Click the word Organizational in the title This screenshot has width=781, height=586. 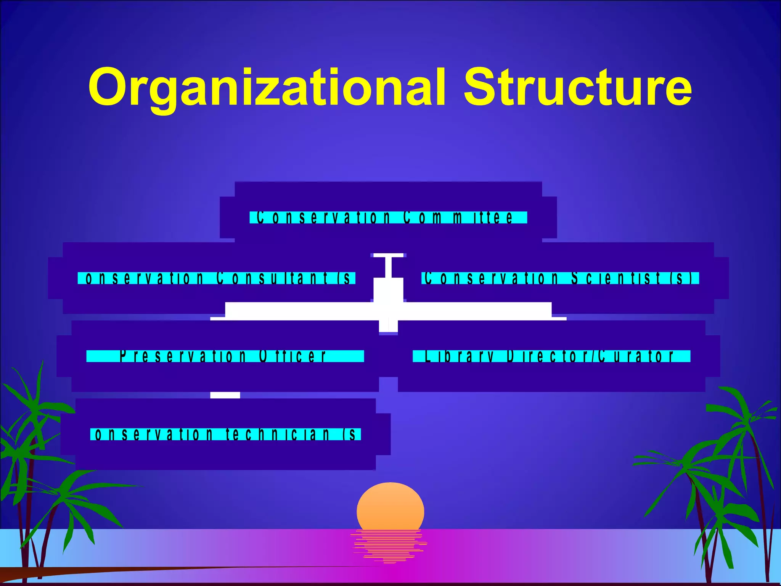(x=267, y=88)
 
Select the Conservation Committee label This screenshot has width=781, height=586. (x=388, y=217)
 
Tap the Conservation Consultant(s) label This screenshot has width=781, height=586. (x=217, y=278)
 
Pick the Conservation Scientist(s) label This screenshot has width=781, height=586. (x=560, y=278)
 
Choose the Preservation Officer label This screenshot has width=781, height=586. (x=225, y=356)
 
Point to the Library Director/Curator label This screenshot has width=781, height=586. (x=551, y=356)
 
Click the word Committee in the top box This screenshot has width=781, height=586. (x=458, y=217)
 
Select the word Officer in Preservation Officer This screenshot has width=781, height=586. (x=292, y=356)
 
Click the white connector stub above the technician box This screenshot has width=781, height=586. (x=225, y=395)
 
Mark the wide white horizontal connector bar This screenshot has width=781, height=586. (x=388, y=311)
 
